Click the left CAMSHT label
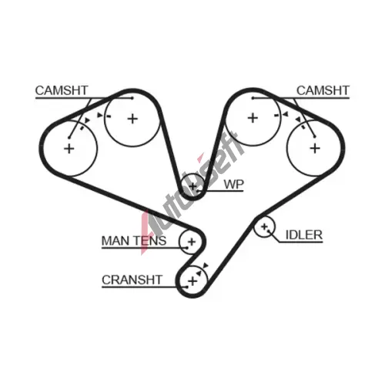pos(62,90)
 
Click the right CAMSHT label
pos(323,90)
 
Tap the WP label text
pos(233,184)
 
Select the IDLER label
pos(304,235)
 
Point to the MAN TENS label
pos(134,241)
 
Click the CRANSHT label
pos(132,280)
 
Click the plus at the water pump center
pos(192,186)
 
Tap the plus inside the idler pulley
pos(264,226)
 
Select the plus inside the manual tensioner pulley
pos(192,242)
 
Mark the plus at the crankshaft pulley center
pos(192,281)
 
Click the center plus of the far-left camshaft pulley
pos(69,149)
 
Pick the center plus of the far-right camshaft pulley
pos(315,149)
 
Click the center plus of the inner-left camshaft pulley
pos(132,119)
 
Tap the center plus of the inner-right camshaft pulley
pos(253,118)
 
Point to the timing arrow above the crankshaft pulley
pos(206,266)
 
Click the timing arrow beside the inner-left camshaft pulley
pos(99,115)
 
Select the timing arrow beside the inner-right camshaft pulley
pos(285,115)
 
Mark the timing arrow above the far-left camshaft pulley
pos(87,120)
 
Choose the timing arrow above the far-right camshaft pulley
pos(298,119)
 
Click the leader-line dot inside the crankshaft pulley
pos(187,286)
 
